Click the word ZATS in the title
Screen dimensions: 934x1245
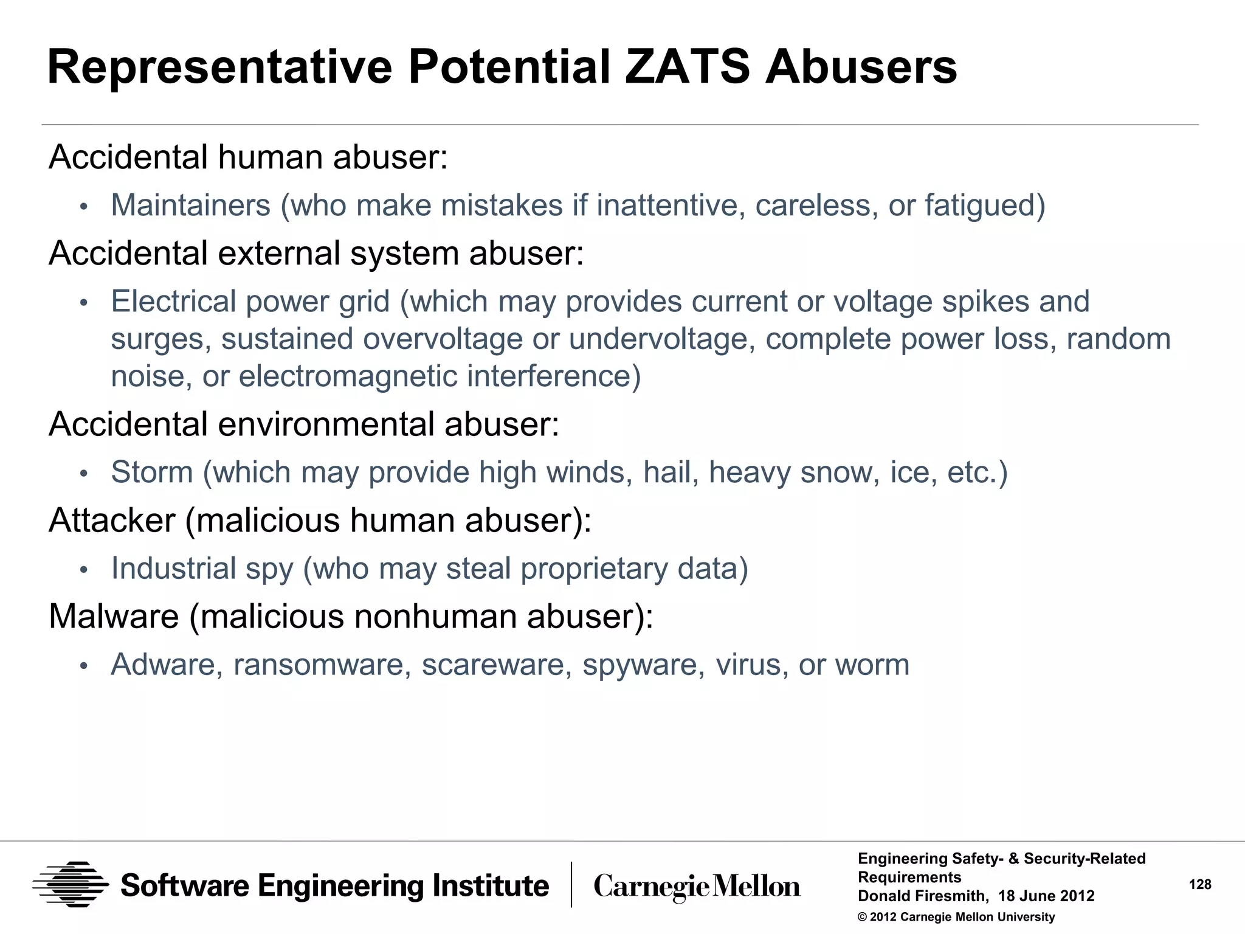tap(688, 67)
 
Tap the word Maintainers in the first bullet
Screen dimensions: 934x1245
tap(190, 205)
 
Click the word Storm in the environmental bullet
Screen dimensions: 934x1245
tap(152, 472)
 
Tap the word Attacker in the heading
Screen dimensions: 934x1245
tap(112, 521)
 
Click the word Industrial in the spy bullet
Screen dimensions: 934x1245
tap(173, 569)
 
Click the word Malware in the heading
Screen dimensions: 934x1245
tap(114, 617)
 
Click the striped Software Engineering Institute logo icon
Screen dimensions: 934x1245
tap(71, 885)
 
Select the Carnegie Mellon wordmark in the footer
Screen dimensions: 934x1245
tap(697, 887)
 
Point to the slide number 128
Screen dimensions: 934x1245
tap(1200, 885)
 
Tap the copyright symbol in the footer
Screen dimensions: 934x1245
tap(862, 917)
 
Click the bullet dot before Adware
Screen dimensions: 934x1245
tap(84, 666)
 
